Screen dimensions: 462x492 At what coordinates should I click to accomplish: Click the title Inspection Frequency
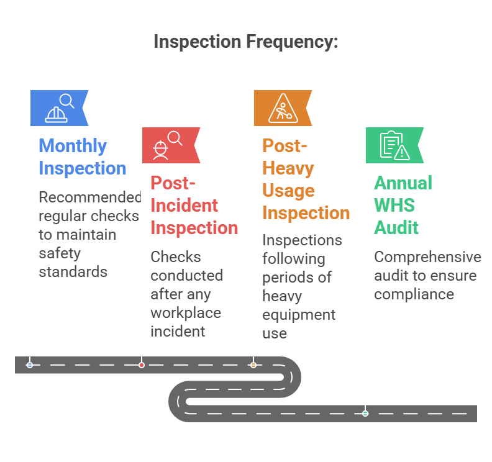pos(246,42)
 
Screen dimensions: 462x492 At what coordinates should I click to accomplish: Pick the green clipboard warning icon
pos(394,145)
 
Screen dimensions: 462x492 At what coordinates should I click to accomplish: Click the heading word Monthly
pos(73,146)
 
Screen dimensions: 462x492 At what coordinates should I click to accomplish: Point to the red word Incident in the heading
pos(184,206)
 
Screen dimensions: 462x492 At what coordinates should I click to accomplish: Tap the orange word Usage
pos(288,191)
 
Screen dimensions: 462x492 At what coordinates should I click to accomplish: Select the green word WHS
pos(394,206)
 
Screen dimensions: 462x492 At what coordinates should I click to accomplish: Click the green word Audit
pos(396,228)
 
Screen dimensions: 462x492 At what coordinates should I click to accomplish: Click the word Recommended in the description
pos(90,197)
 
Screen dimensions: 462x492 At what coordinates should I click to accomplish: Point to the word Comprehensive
pos(427,257)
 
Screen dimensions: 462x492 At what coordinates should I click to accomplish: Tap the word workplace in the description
pos(186,312)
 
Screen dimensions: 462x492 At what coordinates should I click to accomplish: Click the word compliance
pos(414,294)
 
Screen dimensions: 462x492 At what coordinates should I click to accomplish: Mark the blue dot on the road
pos(30,365)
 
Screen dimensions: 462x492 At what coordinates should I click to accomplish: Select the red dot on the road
pos(142,365)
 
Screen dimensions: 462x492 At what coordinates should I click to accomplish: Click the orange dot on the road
pos(253,365)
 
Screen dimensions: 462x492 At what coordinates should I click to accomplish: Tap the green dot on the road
pos(365,413)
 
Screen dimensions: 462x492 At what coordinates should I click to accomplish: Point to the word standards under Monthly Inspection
pos(73,272)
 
